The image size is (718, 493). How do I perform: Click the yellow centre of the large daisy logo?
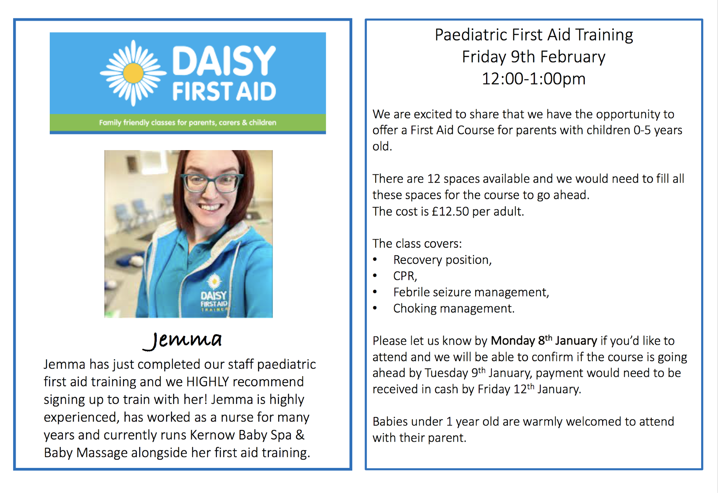coord(133,73)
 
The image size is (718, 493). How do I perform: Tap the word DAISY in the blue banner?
coord(224,61)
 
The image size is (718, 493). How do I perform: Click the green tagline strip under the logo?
coord(188,122)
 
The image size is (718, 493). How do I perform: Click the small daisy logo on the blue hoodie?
coord(214,281)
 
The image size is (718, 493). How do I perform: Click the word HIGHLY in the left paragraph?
coord(208,382)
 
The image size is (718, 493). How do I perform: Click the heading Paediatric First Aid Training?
coord(534,35)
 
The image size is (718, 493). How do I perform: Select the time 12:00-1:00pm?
coord(534,79)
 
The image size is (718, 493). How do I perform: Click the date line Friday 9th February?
coord(534,57)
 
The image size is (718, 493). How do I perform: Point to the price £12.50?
coord(450,211)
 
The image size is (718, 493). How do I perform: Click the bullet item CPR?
coord(405,276)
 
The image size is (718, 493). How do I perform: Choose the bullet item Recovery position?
coord(442,260)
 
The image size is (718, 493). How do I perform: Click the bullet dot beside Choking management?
coord(375,308)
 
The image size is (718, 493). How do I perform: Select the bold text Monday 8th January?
coord(544,340)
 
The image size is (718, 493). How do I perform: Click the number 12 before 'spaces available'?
coord(433,179)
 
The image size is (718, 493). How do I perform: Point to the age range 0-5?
coord(642,130)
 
